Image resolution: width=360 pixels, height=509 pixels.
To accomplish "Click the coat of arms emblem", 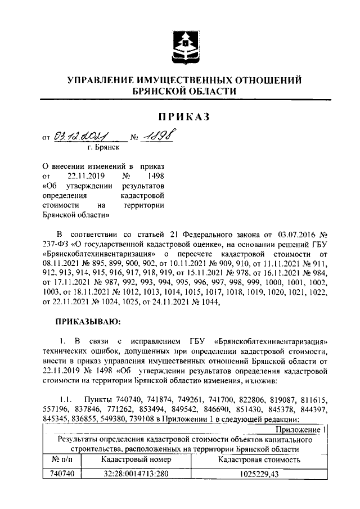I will point(184,44).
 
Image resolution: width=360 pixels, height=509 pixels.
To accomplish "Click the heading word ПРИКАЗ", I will point(183,116).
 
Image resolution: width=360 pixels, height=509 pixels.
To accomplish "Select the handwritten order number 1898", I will point(157,136).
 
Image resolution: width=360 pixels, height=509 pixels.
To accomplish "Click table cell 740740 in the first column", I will point(62,474).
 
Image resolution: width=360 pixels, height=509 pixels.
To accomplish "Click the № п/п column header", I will point(62,460).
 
